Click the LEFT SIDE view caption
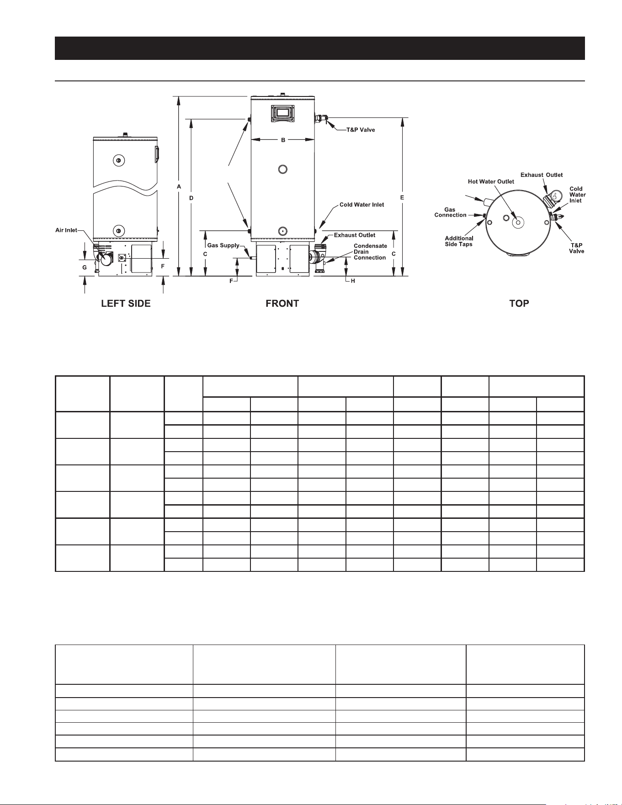pyautogui.click(x=126, y=304)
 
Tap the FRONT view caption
pyautogui.click(x=282, y=304)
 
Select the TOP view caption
pyautogui.click(x=519, y=304)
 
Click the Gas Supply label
pyautogui.click(x=223, y=245)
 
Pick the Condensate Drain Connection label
pyautogui.click(x=370, y=252)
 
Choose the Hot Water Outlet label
pyautogui.click(x=491, y=181)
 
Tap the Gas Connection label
pyautogui.click(x=450, y=213)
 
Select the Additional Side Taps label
pyautogui.click(x=459, y=241)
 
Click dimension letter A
pyautogui.click(x=179, y=187)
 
